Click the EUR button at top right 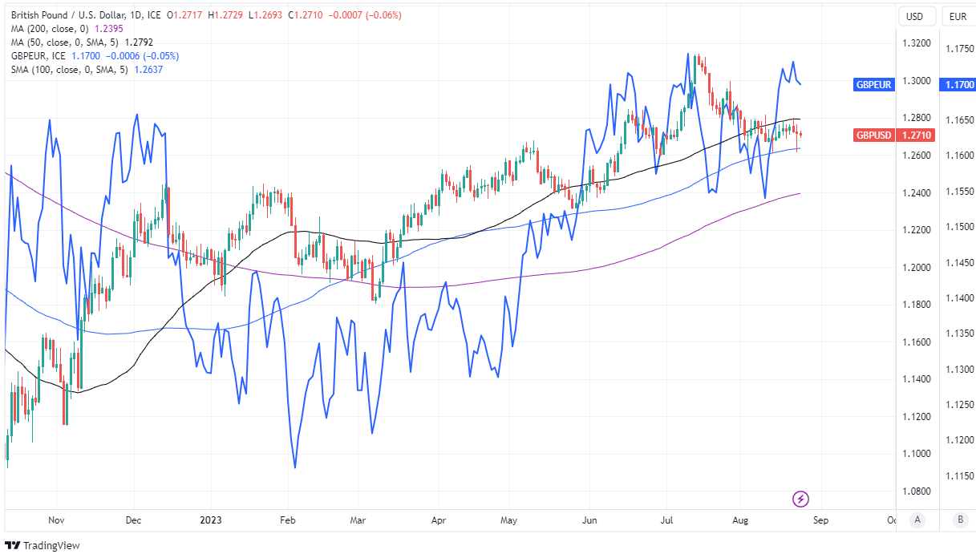click(958, 16)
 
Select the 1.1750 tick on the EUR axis click(958, 49)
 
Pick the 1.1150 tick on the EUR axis click(958, 475)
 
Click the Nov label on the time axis click(55, 520)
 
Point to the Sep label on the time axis click(820, 520)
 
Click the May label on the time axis click(509, 520)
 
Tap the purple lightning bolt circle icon click(800, 499)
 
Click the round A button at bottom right click(916, 520)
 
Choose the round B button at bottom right click(959, 520)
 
